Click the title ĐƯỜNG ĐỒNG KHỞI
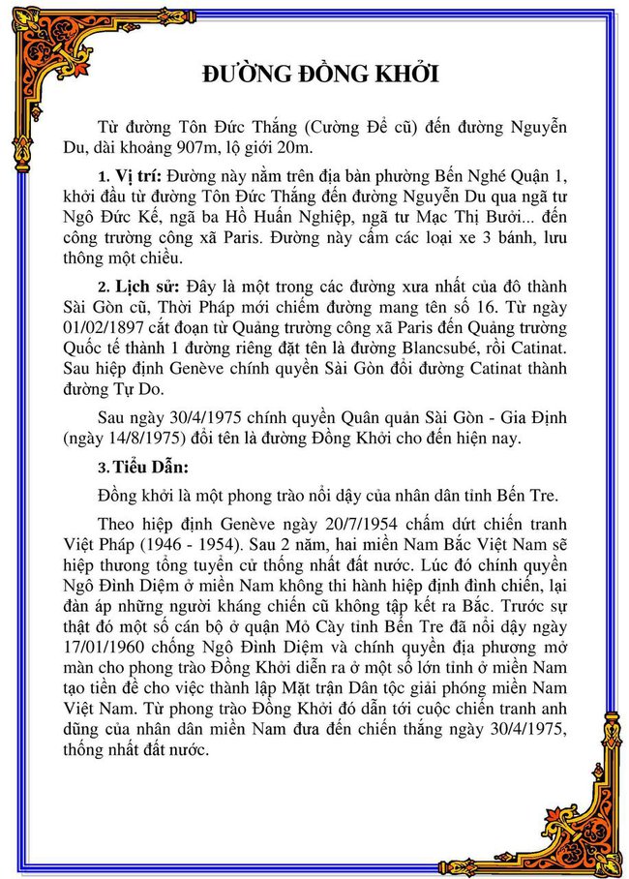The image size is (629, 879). [x=321, y=76]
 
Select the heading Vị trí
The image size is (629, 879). [x=139, y=175]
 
